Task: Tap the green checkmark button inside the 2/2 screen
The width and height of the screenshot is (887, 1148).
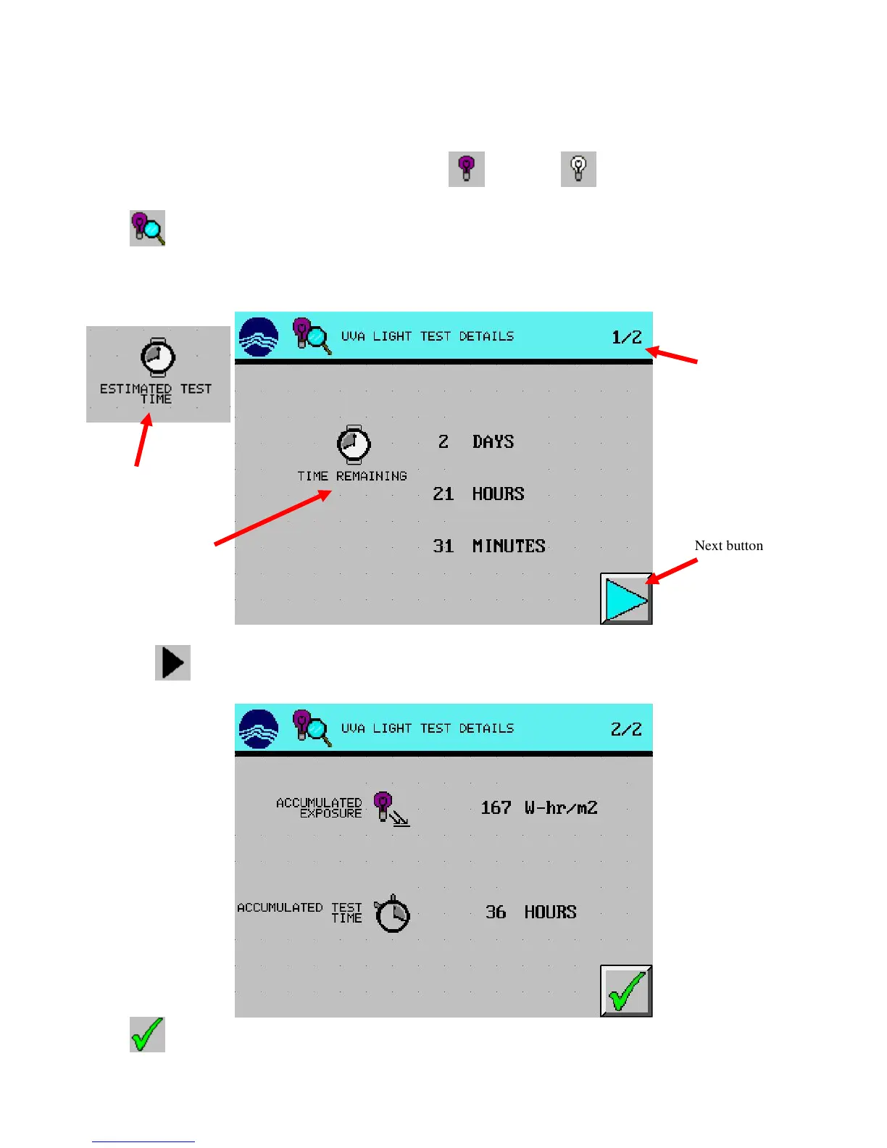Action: tap(626, 991)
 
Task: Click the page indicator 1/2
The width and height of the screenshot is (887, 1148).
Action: tap(627, 338)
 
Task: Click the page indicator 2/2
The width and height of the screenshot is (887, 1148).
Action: tap(626, 730)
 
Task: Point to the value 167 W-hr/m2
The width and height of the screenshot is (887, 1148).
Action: tap(539, 808)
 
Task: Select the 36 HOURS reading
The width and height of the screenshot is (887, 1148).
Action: tap(530, 912)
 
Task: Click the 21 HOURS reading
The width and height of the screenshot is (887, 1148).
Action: tap(478, 494)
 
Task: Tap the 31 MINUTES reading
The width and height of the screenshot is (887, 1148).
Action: tap(488, 546)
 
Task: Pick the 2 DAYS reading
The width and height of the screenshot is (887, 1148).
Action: tap(475, 442)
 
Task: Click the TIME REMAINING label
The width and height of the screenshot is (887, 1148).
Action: tap(352, 476)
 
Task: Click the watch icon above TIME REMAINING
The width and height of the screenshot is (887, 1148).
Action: tap(354, 444)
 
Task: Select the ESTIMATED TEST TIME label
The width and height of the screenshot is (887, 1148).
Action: tap(156, 394)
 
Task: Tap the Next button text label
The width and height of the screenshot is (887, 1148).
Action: tap(728, 546)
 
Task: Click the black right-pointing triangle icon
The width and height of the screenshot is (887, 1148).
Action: tap(172, 662)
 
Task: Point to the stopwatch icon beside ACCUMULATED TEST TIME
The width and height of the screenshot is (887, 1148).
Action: tap(393, 913)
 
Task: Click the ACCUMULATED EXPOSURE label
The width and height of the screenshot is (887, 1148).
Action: tap(320, 808)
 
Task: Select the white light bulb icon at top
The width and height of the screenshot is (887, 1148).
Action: tap(578, 169)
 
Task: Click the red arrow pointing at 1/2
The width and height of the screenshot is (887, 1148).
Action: tap(672, 355)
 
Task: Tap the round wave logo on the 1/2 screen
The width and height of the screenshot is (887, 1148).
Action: tap(259, 337)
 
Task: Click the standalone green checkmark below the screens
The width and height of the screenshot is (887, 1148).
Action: tap(147, 1034)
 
